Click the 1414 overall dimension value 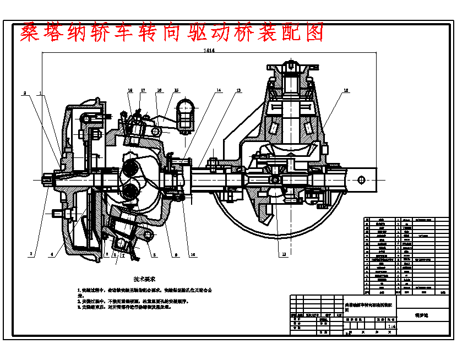click(x=209, y=51)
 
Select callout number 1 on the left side click(x=40, y=94)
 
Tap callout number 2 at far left click(x=24, y=94)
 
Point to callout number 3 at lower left click(x=31, y=254)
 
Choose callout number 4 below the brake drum click(x=52, y=254)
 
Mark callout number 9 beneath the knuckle click(x=175, y=254)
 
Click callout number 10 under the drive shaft click(x=193, y=254)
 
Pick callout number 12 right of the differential click(x=346, y=90)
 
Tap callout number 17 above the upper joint click(x=143, y=90)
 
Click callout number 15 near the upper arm click(x=176, y=90)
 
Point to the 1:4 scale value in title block click(x=391, y=326)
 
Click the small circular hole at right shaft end click(x=361, y=179)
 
